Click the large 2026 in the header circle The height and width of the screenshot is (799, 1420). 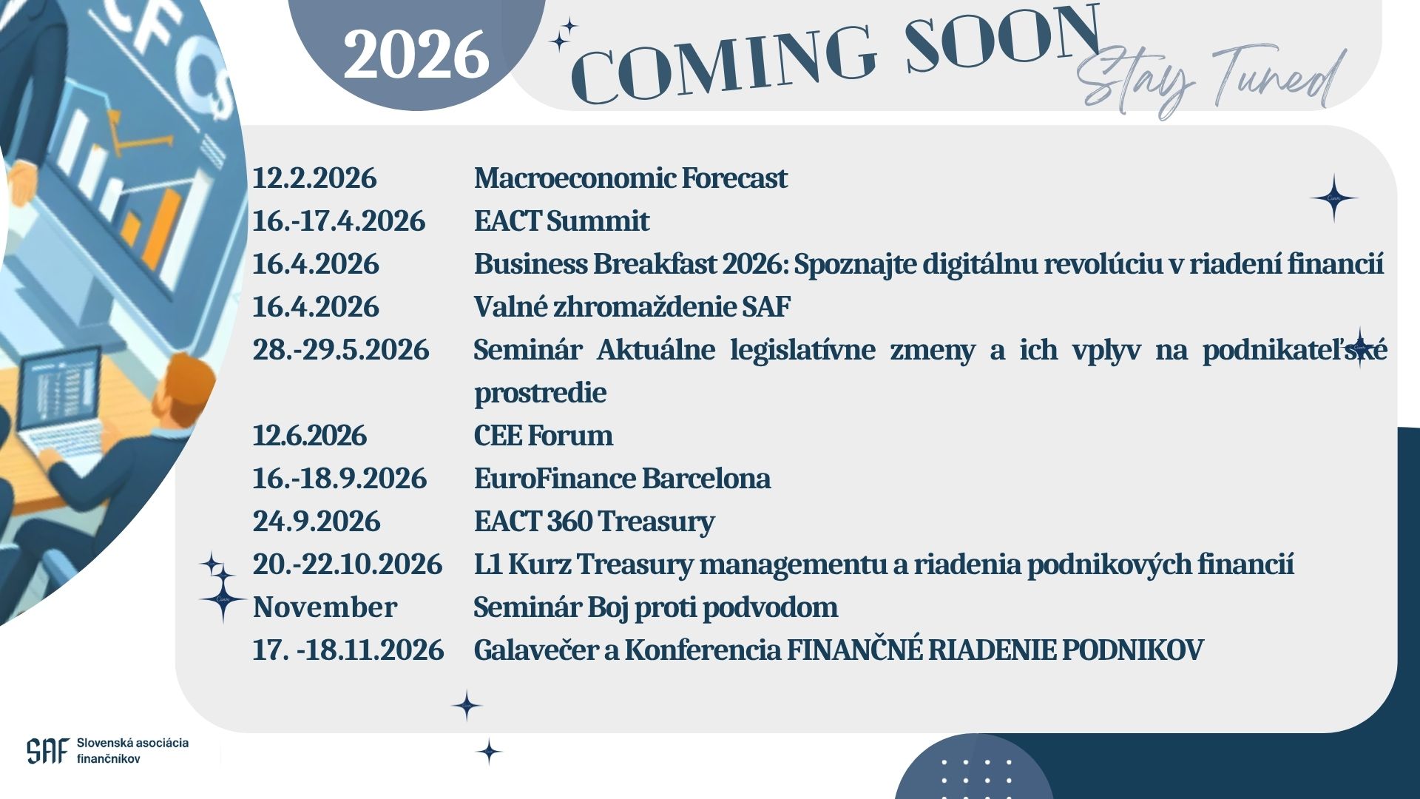point(416,55)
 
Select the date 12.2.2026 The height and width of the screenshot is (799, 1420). point(314,178)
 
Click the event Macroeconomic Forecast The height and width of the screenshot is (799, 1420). point(631,178)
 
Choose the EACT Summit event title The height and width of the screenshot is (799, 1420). point(562,221)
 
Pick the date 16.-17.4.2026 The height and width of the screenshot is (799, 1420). point(339,221)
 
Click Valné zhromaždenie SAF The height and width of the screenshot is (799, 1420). point(632,307)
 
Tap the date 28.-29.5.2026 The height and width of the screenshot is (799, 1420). point(341,350)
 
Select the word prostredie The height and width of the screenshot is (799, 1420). point(541,393)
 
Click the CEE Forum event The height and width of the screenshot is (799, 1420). point(544,436)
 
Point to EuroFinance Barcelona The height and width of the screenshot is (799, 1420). point(623,479)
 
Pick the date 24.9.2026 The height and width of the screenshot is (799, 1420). point(317,522)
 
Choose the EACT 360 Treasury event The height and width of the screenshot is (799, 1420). point(595,522)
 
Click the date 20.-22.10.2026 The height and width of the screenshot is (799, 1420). point(348,564)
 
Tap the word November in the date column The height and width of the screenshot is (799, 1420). point(325,607)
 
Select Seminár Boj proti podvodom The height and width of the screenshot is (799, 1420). point(656,607)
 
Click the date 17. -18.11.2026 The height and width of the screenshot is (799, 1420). point(348,650)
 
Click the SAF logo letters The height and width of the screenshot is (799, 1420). point(47,751)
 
